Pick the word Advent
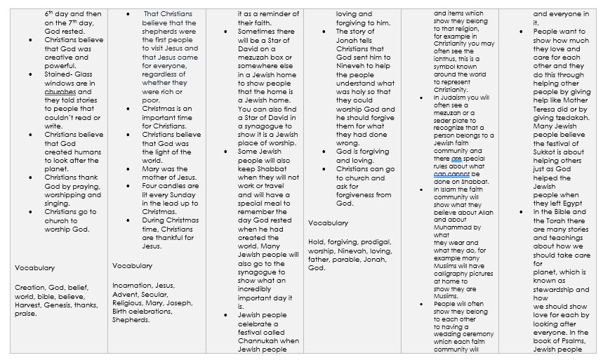[124, 294]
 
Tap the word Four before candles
[152, 186]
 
